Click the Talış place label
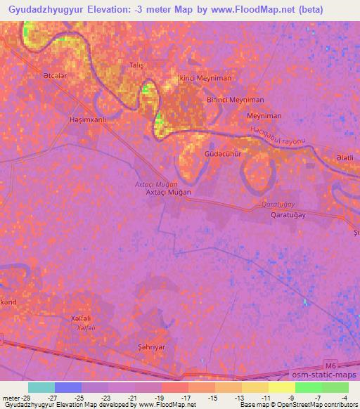click(x=136, y=65)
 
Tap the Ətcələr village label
click(x=56, y=75)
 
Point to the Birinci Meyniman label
click(x=235, y=100)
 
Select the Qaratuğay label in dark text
click(x=288, y=216)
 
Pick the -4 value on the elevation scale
click(x=344, y=397)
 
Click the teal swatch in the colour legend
click(x=41, y=387)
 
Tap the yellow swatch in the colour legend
click(x=281, y=387)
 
